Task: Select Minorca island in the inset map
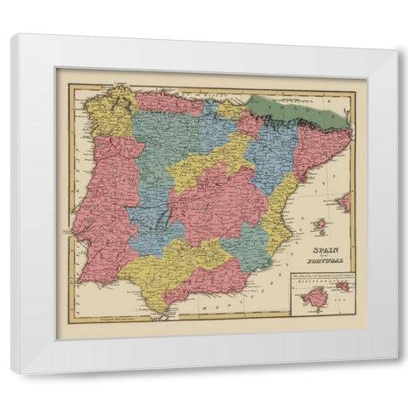point(343,286)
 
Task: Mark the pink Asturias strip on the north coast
point(170,103)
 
